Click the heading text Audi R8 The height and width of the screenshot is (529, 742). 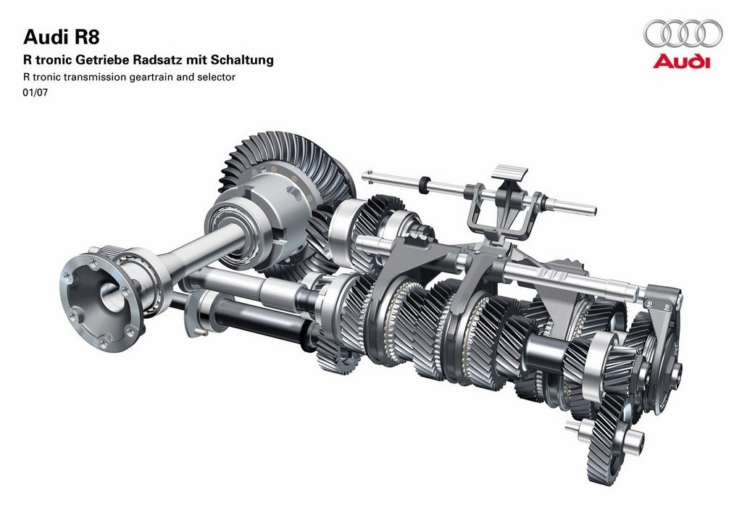62,37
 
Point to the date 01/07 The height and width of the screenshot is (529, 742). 36,93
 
